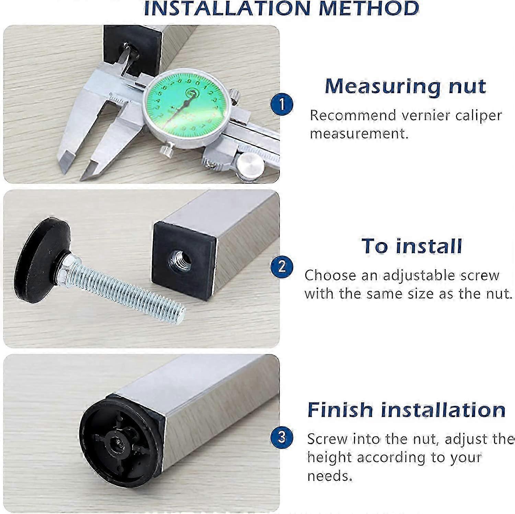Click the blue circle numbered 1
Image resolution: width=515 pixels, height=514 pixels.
282,104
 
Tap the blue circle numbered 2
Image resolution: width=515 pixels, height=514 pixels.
282,266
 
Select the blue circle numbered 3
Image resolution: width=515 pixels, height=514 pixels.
282,437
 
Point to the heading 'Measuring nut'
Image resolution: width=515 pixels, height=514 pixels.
405,86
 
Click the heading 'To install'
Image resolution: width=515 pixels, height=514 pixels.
411,246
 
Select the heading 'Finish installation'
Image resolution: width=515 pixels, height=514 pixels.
406,409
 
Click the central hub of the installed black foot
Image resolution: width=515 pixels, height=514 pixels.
114,443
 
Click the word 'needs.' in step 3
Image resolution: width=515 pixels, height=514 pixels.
330,476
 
